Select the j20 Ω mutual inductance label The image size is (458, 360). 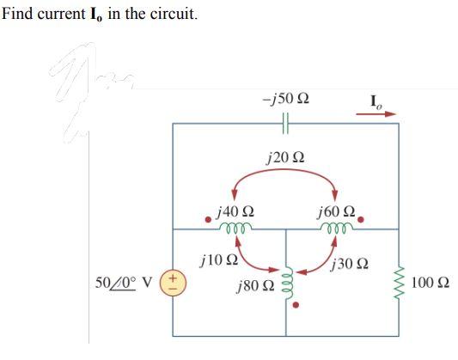tap(285, 157)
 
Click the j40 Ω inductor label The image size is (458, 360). tap(236, 211)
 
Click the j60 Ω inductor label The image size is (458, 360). tap(335, 211)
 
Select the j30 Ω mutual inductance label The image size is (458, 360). tap(354, 263)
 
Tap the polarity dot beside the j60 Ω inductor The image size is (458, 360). tap(363, 218)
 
